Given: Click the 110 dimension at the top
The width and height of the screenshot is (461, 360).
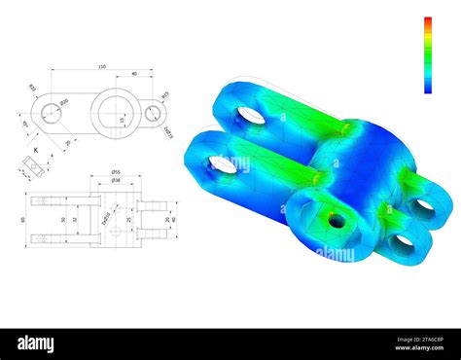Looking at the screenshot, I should [101, 67].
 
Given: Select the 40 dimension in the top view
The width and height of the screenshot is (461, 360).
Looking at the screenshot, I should [133, 73].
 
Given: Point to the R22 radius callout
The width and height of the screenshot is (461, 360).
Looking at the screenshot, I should [32, 89].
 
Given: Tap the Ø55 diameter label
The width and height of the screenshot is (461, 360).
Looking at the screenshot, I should [115, 171].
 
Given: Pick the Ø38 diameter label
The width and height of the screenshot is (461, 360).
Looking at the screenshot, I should [115, 180].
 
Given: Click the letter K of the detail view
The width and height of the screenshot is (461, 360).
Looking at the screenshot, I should [35, 150].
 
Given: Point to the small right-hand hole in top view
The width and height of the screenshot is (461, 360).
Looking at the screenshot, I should [153, 114].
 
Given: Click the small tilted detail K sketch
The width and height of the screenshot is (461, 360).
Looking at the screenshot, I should [35, 167].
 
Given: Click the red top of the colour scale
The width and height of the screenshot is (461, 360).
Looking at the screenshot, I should [427, 21].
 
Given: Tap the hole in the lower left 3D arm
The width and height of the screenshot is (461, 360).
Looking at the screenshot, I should [224, 164].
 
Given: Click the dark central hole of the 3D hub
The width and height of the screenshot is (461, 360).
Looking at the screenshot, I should [337, 221].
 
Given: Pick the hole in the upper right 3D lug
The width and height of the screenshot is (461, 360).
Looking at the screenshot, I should [422, 205].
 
